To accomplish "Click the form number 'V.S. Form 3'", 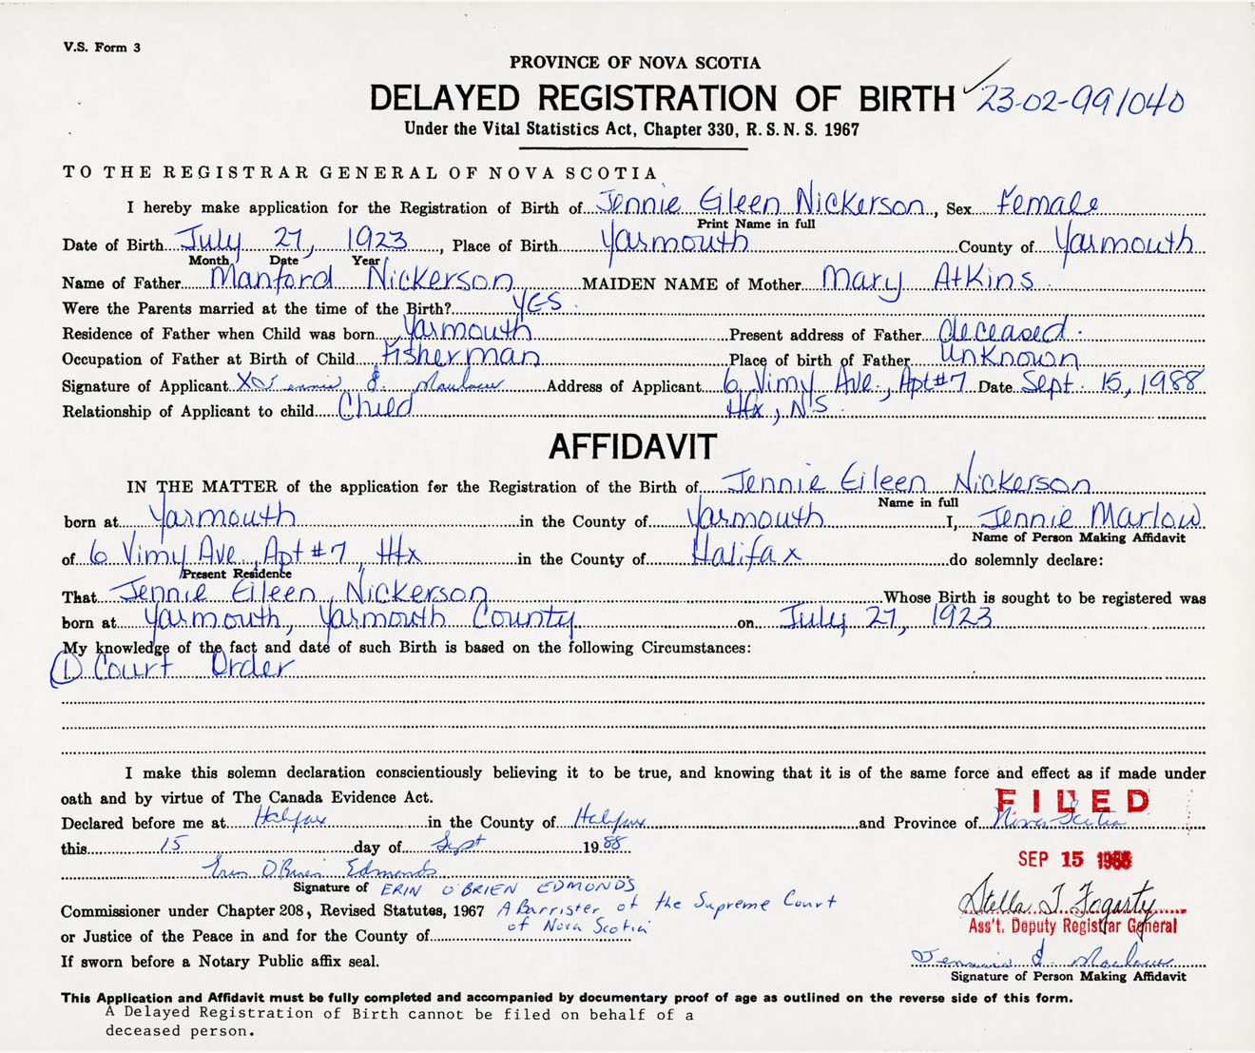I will (x=102, y=48).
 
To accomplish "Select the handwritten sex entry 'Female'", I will (x=1047, y=204).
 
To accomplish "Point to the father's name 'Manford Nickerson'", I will (x=361, y=279).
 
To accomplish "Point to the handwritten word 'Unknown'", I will (x=1009, y=357).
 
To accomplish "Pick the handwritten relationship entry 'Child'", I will (x=376, y=408).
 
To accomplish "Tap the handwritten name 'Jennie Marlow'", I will (x=1090, y=517).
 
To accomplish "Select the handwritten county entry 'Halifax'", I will (x=744, y=553).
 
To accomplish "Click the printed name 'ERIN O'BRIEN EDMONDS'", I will (x=508, y=888).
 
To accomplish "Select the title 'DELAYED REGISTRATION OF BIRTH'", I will (x=661, y=98).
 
